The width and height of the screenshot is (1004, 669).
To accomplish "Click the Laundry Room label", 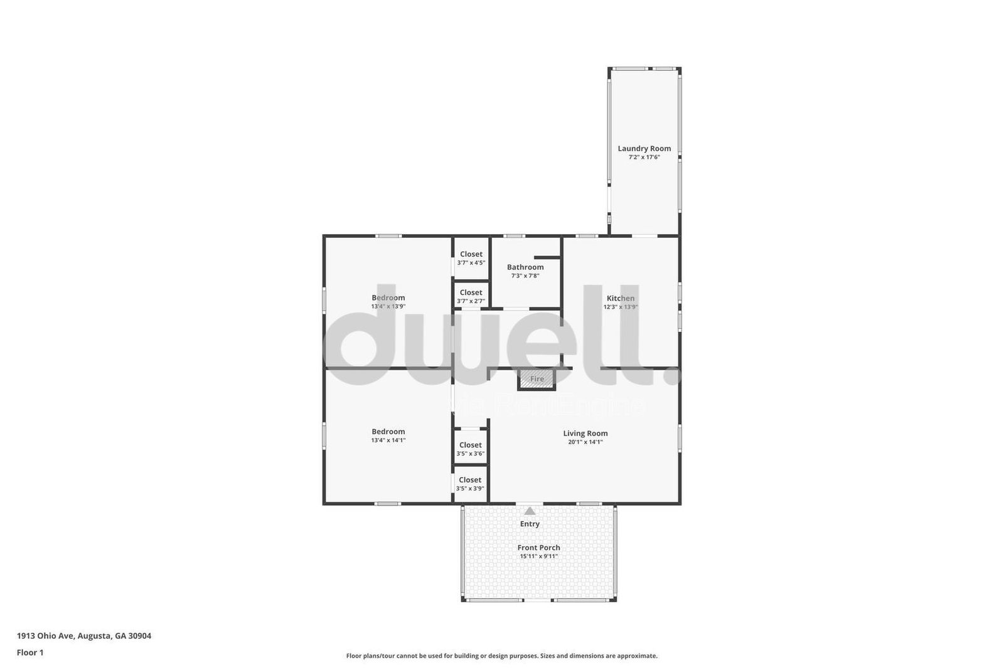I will (644, 149).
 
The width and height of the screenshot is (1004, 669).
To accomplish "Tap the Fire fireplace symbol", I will (537, 379).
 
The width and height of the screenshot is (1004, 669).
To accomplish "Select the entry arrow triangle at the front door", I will (530, 511).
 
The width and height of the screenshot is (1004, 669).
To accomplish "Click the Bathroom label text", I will (525, 267).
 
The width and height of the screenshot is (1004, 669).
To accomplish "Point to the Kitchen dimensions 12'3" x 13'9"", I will (621, 308).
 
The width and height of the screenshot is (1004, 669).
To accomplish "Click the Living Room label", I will (585, 434).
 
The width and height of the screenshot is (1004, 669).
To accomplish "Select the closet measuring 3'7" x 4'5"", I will (471, 259).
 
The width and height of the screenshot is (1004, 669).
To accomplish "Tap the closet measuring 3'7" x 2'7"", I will (471, 296).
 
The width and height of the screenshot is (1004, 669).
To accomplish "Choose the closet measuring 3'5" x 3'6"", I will (470, 449).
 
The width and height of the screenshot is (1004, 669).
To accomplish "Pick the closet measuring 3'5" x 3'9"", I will (470, 484).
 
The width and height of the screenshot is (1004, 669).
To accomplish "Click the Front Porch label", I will (538, 548).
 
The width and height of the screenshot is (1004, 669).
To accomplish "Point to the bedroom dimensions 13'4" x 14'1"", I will (388, 441).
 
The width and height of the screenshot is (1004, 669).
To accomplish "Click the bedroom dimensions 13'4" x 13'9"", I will (388, 307).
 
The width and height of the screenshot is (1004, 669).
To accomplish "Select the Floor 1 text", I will (30, 653).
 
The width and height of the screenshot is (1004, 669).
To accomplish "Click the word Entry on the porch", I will (530, 524).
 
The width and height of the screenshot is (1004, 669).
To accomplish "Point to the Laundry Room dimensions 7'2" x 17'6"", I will (644, 158).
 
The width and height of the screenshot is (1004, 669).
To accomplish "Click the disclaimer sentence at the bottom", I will (502, 656).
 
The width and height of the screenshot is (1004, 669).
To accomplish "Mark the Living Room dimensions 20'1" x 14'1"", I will (585, 442).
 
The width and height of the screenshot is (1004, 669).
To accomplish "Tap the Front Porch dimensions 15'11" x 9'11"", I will (538, 557).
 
